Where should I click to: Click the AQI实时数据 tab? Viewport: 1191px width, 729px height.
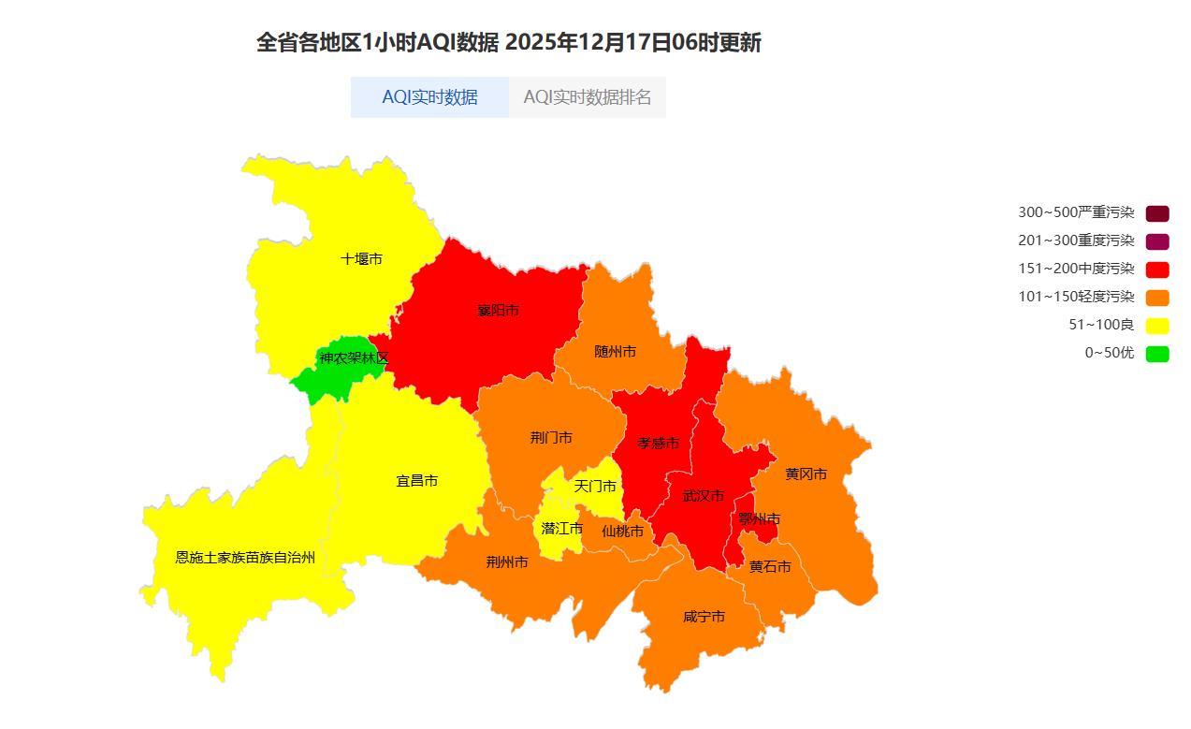429,97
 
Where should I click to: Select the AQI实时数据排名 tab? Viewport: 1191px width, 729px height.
587,97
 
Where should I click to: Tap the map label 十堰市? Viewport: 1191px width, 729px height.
361,259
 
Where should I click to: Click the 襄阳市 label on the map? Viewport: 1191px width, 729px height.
498,311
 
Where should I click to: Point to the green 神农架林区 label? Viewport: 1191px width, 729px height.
354,358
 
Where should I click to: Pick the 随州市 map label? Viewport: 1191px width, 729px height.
615,352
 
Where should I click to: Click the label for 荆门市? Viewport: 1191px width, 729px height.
551,438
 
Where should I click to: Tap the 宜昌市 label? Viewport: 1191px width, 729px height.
417,481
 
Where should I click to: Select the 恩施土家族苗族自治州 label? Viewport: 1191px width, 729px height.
245,558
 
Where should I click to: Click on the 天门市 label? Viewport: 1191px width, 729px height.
595,487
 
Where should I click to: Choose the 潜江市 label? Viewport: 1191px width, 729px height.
562,529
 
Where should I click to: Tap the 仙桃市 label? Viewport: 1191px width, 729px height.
622,532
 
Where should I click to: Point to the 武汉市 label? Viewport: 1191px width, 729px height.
704,496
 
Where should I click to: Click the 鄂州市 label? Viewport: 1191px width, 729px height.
759,519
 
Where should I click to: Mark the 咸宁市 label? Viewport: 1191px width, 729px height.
704,618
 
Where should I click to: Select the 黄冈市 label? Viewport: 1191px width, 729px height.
806,474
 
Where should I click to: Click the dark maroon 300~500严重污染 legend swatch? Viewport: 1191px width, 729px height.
1157,213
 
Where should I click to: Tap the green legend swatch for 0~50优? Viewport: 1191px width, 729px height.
1157,354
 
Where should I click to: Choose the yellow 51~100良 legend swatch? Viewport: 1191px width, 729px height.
1157,326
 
